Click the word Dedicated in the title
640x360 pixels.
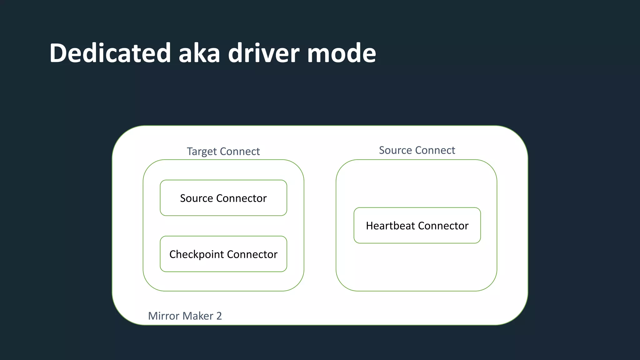pos(110,53)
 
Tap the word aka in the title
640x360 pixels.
pos(199,53)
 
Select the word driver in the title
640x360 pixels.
pos(263,53)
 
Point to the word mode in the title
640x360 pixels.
pos(342,53)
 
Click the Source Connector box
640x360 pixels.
pos(223,198)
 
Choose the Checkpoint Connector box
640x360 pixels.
pos(223,254)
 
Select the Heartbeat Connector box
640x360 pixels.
pos(417,225)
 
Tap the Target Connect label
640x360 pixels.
pos(223,151)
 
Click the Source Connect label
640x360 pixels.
pos(417,150)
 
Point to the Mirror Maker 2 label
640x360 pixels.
pos(185,316)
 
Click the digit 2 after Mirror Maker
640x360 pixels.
pos(219,316)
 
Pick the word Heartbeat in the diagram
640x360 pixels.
pos(390,226)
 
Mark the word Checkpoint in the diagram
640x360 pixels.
pos(197,254)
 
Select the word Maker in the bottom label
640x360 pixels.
pos(198,316)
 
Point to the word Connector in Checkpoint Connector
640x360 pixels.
pos(252,254)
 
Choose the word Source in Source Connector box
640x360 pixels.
pos(197,198)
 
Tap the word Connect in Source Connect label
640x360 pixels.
pos(435,150)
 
